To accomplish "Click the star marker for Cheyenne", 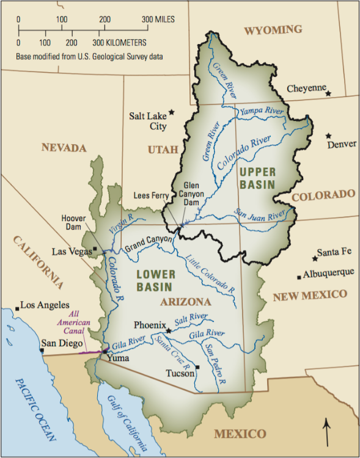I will click(x=328, y=93).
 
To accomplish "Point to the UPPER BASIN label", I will click(x=257, y=177).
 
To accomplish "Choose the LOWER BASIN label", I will click(x=155, y=280).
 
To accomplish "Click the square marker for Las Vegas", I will click(x=95, y=249).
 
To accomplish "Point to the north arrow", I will click(x=328, y=431).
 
